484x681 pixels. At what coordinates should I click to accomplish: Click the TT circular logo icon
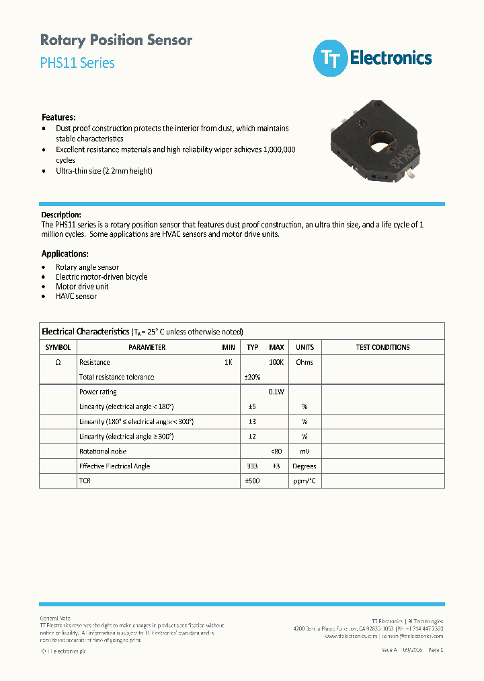[330, 59]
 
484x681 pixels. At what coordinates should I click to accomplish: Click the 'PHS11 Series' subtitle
[77, 63]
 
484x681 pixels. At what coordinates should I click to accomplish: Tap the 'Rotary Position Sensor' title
[116, 40]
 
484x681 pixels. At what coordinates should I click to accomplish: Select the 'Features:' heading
[58, 117]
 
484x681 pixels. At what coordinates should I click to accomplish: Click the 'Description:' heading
[61, 215]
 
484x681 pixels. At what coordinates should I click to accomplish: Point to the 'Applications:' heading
[65, 254]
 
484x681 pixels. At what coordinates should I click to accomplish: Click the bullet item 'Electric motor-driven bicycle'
[102, 277]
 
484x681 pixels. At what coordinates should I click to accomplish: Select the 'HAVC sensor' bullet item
[76, 296]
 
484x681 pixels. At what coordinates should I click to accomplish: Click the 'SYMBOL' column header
[58, 347]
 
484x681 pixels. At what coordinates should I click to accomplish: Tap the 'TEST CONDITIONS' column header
[382, 347]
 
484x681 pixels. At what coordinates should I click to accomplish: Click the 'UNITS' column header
[305, 347]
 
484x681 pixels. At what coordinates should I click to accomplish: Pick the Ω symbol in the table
[58, 362]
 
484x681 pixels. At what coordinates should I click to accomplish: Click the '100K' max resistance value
[276, 362]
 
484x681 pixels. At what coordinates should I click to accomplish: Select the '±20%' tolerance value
[252, 377]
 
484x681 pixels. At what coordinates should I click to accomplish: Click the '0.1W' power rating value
[276, 392]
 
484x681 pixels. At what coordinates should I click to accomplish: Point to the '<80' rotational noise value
[276, 452]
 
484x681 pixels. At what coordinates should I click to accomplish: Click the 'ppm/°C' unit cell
[305, 481]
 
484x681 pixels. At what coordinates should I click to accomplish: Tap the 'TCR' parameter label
[85, 481]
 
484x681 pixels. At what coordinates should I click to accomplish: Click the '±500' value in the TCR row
[252, 481]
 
